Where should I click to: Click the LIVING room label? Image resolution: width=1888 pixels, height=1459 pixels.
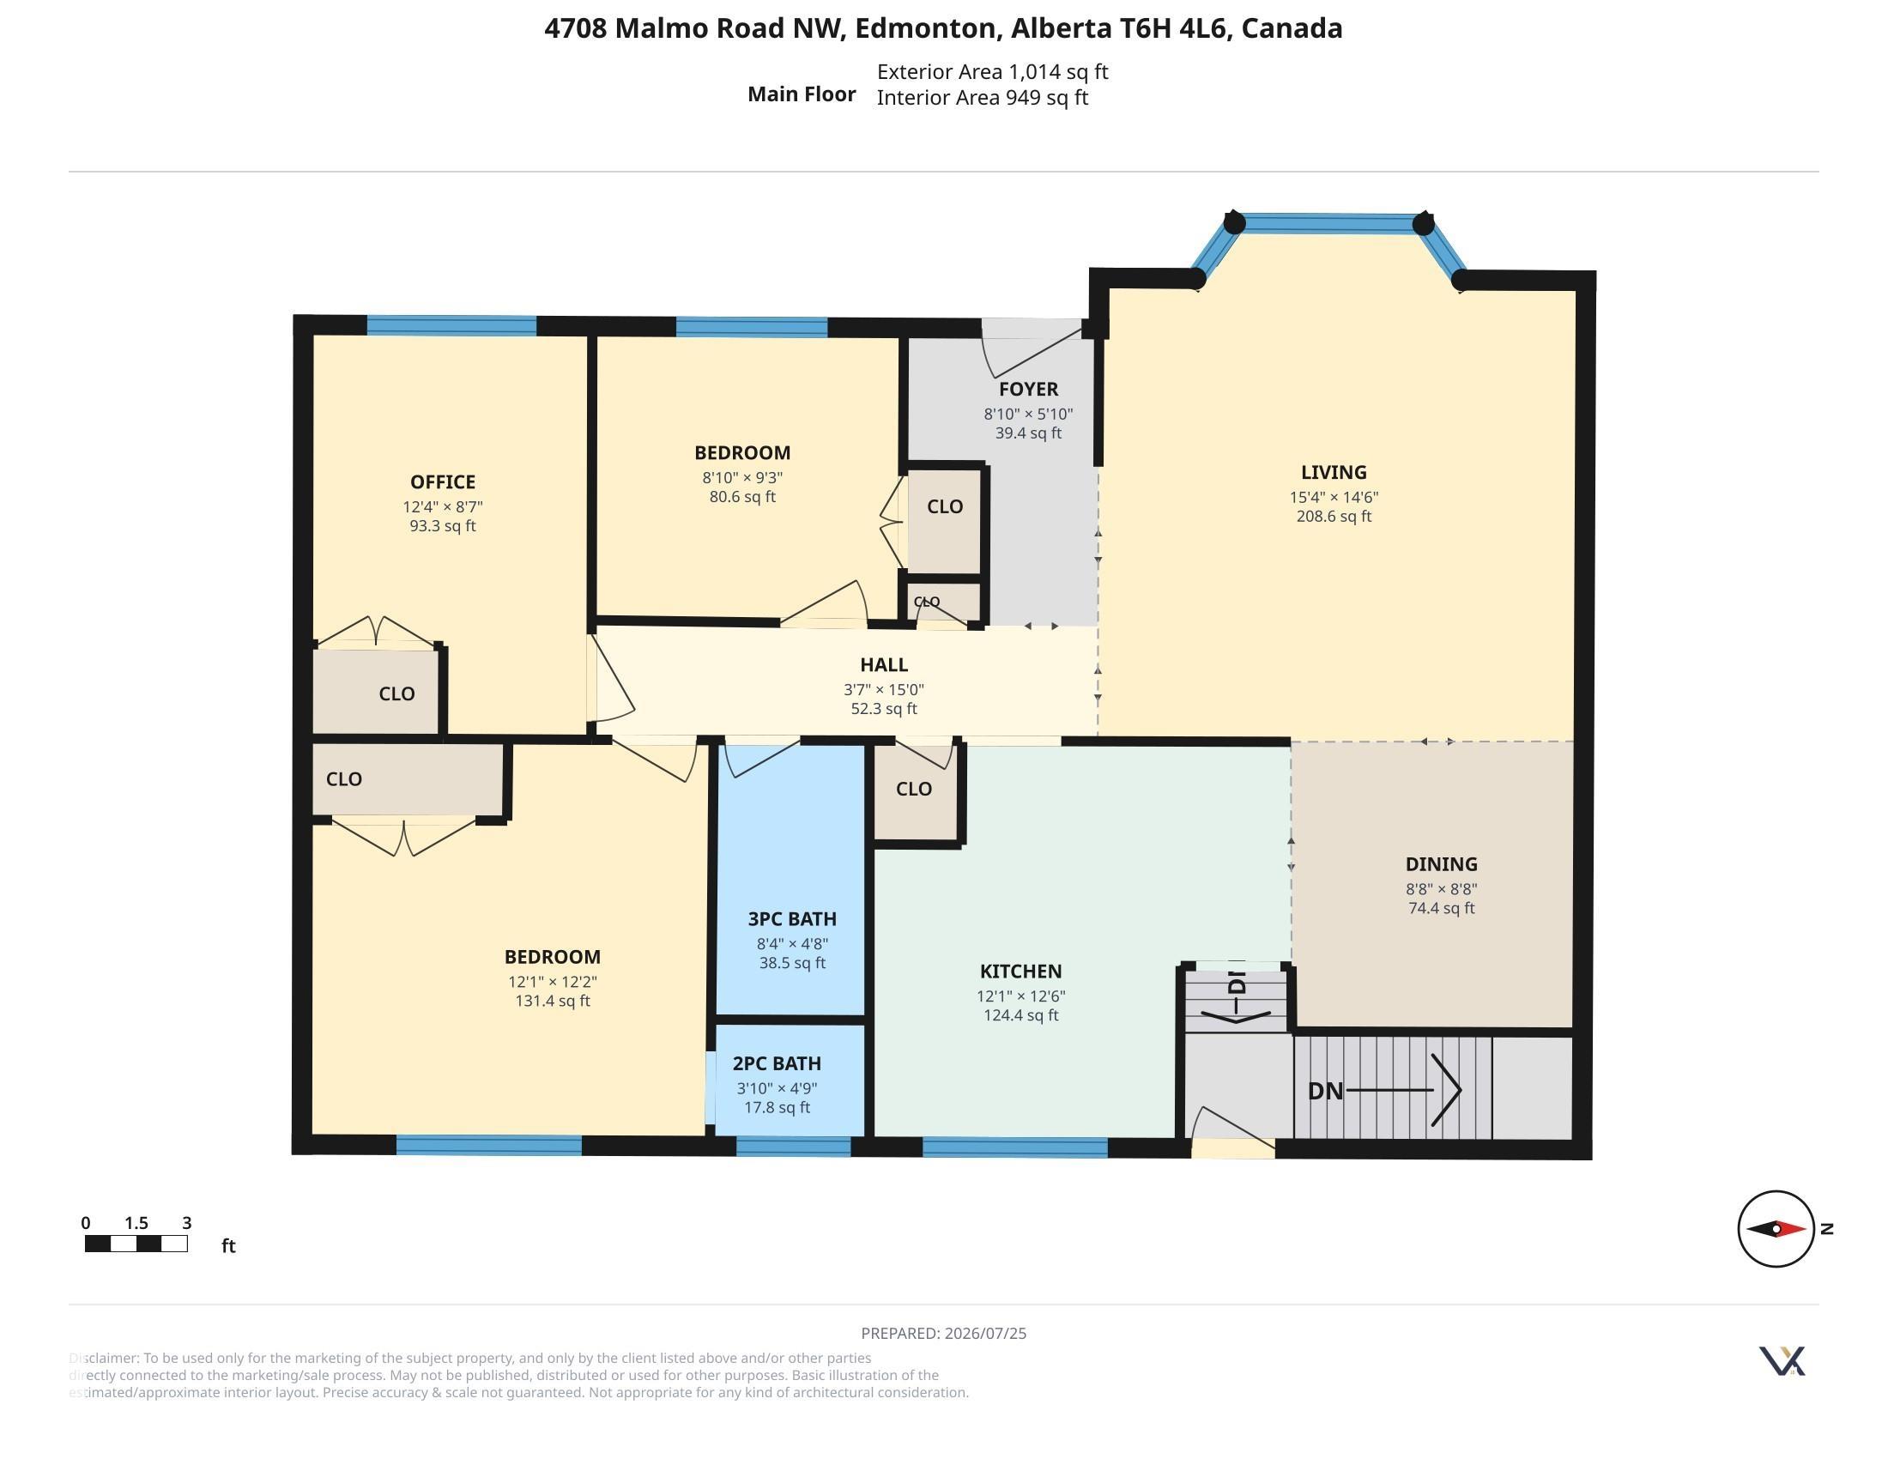(1334, 473)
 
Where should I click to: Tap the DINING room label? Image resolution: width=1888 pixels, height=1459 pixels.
(1441, 864)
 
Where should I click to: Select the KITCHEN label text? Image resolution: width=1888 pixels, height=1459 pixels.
(1021, 972)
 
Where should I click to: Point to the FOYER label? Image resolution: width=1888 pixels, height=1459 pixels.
(1029, 390)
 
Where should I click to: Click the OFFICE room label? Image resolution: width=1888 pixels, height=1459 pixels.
(443, 482)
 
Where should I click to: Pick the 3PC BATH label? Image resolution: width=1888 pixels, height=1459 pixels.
(792, 919)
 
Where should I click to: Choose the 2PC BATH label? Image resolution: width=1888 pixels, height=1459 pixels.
(778, 1064)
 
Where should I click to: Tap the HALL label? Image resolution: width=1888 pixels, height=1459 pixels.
(883, 664)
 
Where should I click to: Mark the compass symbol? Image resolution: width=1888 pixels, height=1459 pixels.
(1776, 1228)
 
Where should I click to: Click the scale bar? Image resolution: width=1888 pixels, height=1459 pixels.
(136, 1244)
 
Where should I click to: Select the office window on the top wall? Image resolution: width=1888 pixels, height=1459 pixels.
(451, 326)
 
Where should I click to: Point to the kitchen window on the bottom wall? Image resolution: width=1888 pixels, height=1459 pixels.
(1015, 1147)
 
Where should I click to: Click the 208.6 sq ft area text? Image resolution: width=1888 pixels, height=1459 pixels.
(1334, 517)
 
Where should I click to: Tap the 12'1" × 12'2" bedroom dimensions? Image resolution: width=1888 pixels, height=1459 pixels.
(553, 982)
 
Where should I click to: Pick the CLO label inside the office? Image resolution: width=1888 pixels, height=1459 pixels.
(396, 694)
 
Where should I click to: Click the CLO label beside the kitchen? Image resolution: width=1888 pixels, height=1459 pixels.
(914, 789)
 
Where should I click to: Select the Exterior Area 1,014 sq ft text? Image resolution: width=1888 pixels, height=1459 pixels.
(992, 72)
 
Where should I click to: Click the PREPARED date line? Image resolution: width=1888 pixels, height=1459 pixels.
(944, 1334)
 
